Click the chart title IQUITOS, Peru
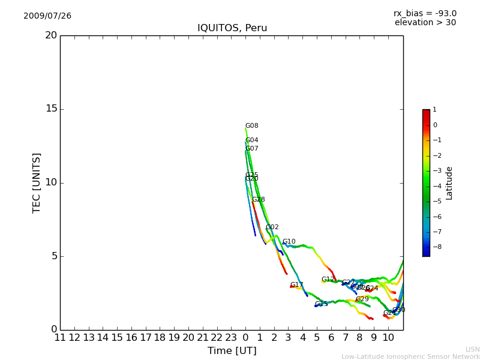point(232,28)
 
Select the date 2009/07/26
point(47,16)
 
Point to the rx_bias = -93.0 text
point(425,13)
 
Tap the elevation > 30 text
point(425,23)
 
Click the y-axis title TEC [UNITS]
point(37,182)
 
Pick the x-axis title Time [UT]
point(232,350)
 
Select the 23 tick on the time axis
point(231,337)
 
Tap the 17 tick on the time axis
point(146,337)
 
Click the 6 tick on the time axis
point(331,337)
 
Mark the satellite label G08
point(252,126)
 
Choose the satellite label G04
point(252,140)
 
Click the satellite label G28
point(259,200)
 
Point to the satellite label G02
point(272,227)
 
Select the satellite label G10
point(289,242)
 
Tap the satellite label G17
point(297,285)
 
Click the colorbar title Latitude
point(449,183)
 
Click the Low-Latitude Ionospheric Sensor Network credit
point(410,356)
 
